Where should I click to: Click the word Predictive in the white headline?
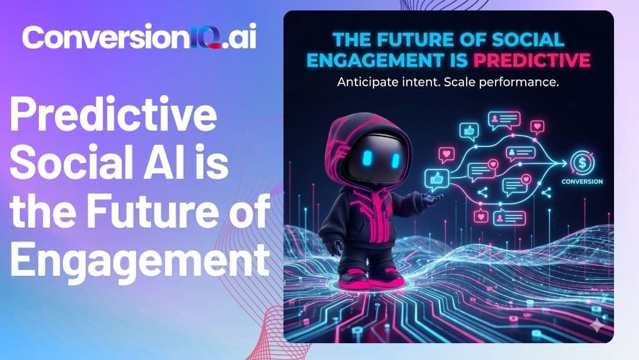[x=114, y=117]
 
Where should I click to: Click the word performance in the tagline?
[x=522, y=82]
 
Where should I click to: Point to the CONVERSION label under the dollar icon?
[x=582, y=182]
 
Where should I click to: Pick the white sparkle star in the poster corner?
[x=595, y=326]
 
